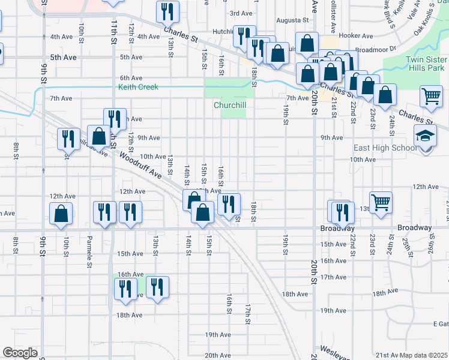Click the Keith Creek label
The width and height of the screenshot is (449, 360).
(137, 87)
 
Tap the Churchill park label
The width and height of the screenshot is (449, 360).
(230, 105)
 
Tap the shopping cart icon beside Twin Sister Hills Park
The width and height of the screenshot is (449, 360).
(431, 95)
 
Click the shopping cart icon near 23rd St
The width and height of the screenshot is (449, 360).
(381, 203)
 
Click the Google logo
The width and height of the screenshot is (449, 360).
(20, 353)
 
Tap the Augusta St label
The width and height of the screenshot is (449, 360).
(292, 20)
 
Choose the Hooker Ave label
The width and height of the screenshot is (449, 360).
(352, 35)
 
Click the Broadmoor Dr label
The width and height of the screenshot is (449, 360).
(376, 49)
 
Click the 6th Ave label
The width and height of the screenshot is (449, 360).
(131, 78)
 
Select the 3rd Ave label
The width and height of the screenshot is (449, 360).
(241, 13)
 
